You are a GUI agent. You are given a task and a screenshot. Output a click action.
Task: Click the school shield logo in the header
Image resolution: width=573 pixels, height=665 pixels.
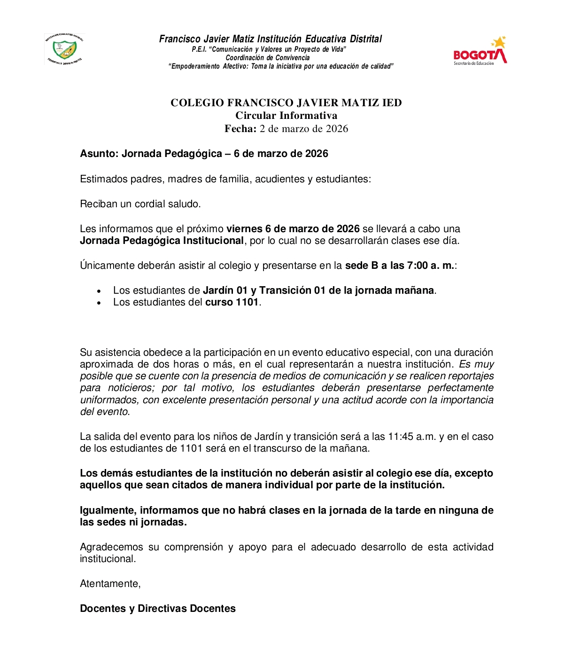(65, 48)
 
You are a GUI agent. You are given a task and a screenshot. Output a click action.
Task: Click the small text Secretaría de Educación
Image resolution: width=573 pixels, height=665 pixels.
(473, 63)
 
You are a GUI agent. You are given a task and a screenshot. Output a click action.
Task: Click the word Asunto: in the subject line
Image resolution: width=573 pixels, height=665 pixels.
(99, 154)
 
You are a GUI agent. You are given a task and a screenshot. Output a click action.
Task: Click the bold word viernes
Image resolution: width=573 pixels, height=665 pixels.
(244, 229)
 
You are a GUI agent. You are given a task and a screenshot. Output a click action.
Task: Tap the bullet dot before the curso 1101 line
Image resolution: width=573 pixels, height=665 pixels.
(99, 304)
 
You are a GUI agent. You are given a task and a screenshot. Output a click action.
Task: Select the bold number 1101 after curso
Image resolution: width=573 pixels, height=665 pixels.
(247, 302)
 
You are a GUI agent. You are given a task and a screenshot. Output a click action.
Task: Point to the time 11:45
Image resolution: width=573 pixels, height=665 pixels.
(400, 437)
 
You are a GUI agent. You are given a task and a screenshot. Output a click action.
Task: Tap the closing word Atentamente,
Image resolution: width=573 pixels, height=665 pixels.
(110, 584)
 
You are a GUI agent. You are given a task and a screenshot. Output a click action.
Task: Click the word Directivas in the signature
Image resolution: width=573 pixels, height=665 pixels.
(162, 609)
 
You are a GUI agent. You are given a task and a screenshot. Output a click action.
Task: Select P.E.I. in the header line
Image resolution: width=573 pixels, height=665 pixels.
(199, 49)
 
